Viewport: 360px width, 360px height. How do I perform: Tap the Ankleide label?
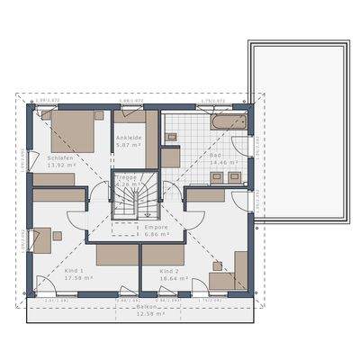point(128,138)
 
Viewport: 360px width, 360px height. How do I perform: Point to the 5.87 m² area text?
point(130,145)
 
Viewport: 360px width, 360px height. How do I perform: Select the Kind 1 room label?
point(75,270)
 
